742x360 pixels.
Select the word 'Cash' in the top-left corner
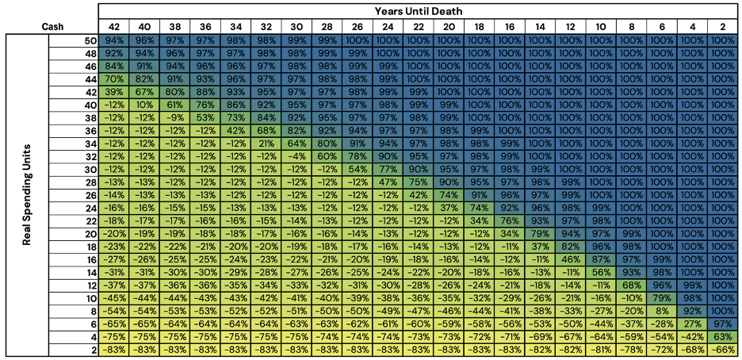53,26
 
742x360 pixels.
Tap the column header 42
114,26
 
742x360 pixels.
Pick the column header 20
449,26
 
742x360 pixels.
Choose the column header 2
723,26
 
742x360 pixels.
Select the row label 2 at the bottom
91,350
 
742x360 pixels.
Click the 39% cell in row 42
114,91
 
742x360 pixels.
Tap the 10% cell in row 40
145,104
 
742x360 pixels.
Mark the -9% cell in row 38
175,117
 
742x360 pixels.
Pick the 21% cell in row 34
266,143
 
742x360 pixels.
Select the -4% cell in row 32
297,156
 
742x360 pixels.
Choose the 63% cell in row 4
723,337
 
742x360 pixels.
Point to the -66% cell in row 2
723,350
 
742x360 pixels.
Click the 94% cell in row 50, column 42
114,40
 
